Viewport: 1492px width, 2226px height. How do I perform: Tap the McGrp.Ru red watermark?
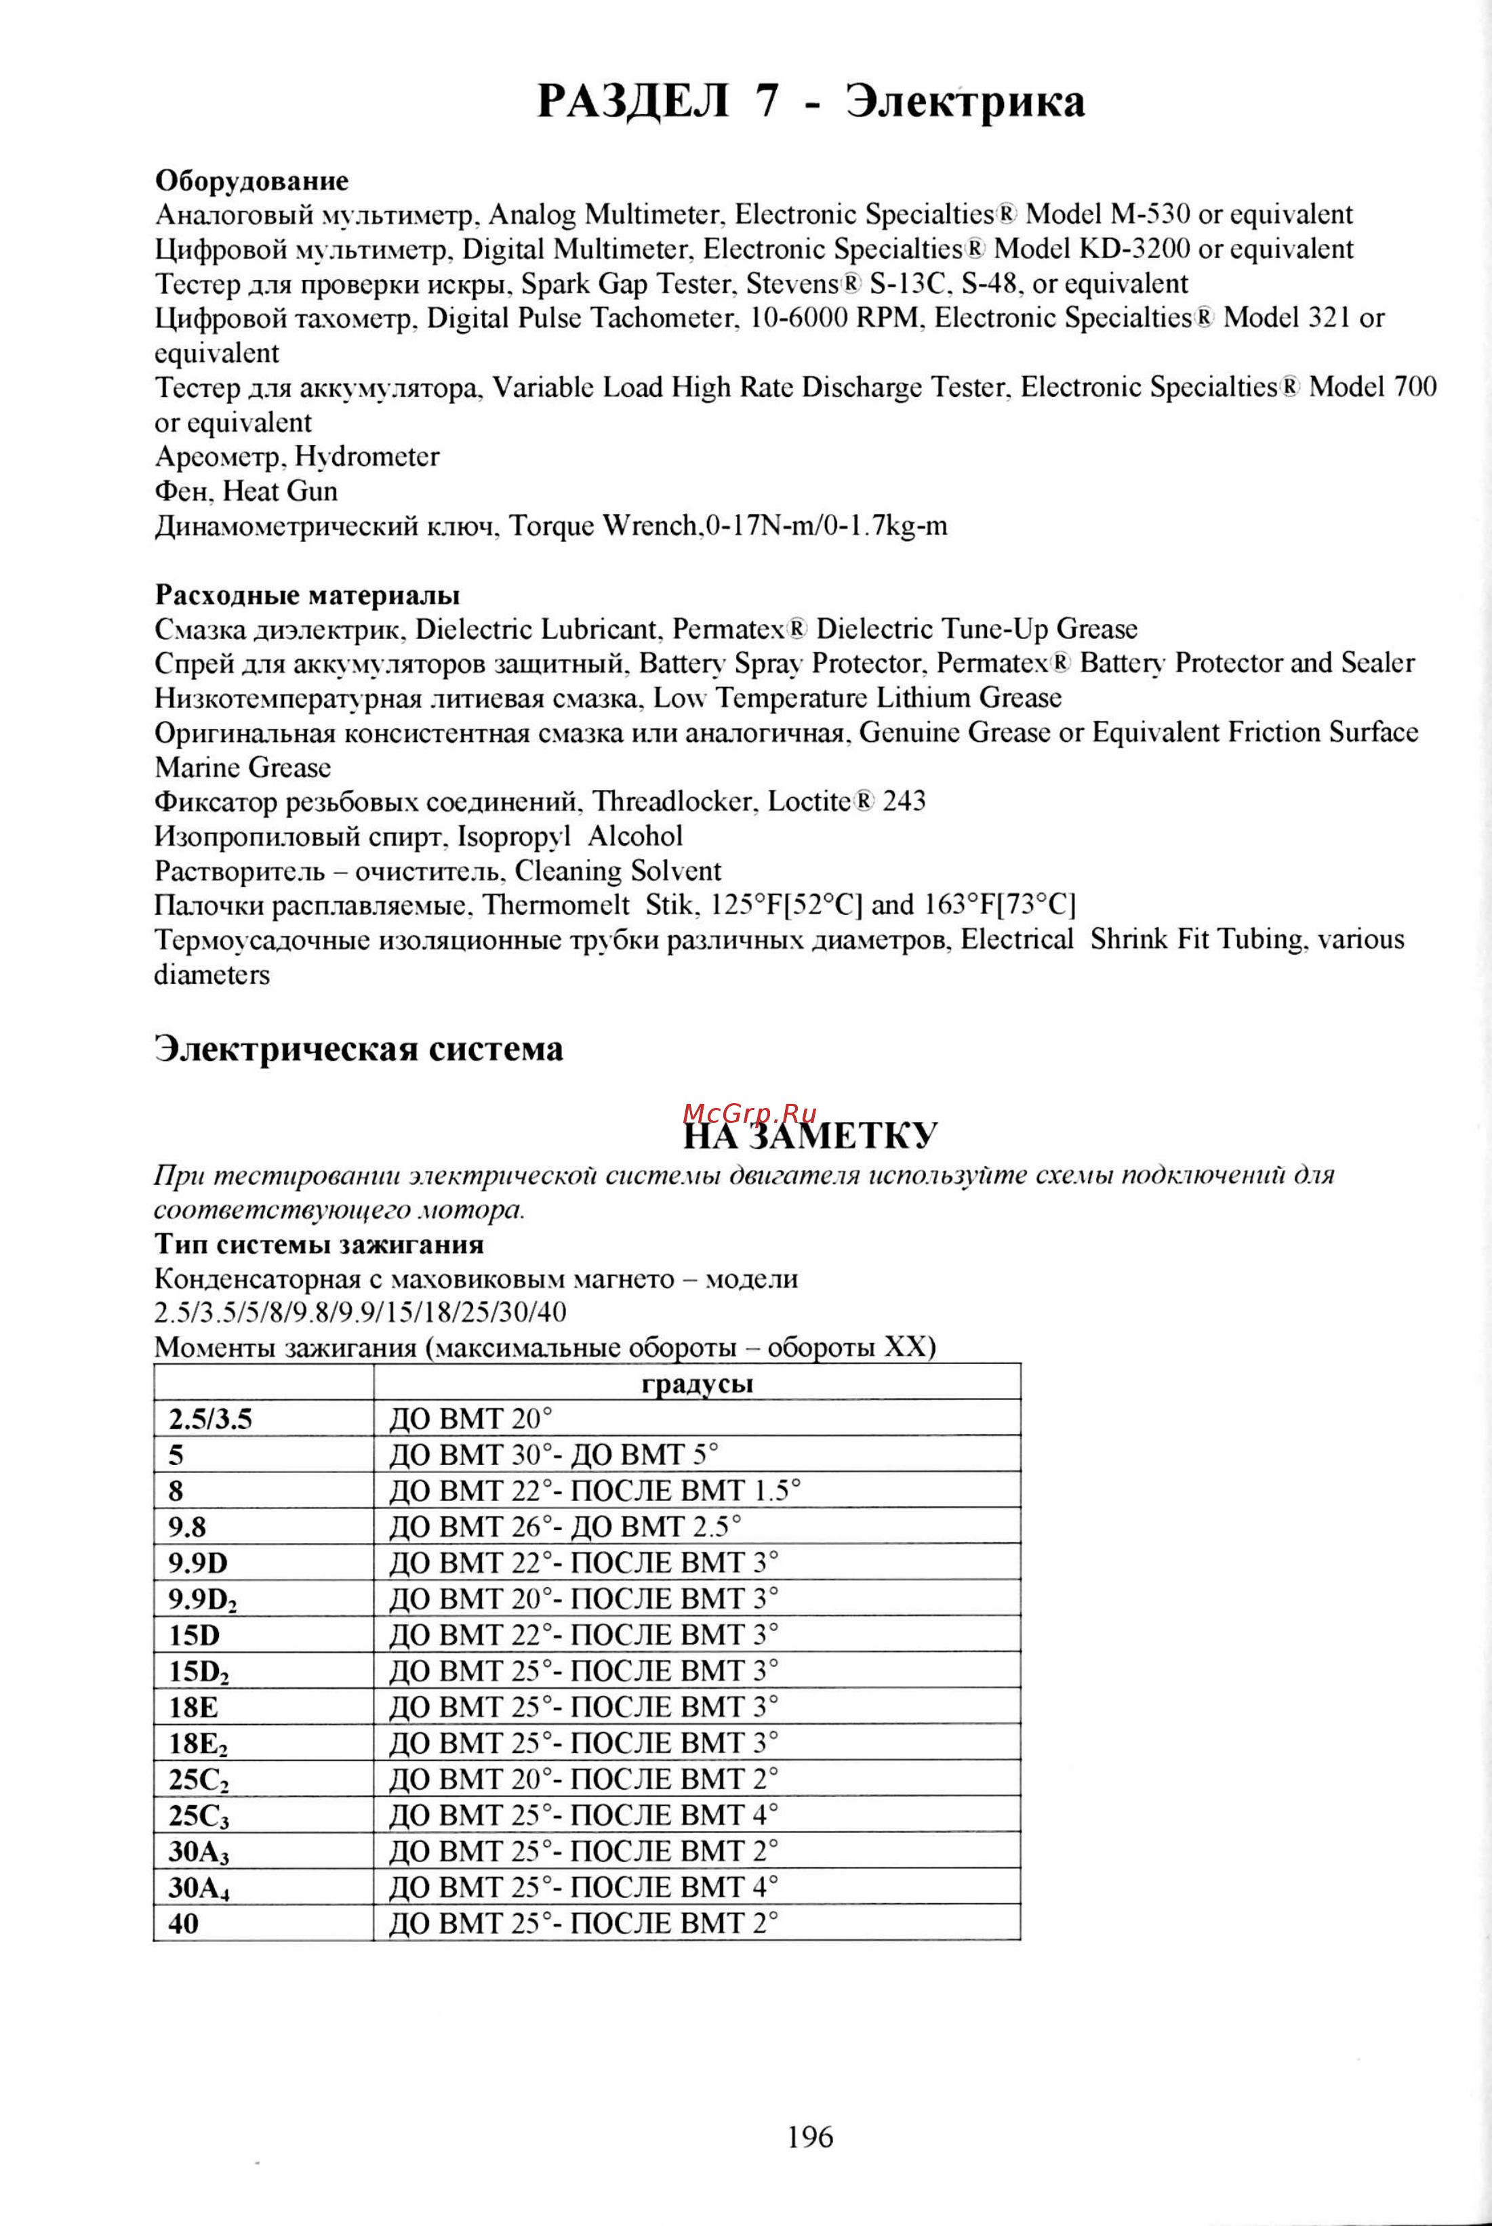[749, 1112]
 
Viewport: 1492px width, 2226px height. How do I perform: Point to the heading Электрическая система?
[358, 1048]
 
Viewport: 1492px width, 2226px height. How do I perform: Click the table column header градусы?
[697, 1382]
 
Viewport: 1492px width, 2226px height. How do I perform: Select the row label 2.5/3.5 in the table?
[210, 1420]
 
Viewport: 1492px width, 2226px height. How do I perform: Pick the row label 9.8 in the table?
[188, 1527]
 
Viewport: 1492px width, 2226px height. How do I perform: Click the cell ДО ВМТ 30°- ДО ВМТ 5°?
[554, 1456]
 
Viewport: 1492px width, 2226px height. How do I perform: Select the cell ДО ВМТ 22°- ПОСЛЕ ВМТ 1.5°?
[594, 1491]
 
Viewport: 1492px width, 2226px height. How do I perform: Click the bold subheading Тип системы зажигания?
[319, 1244]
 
